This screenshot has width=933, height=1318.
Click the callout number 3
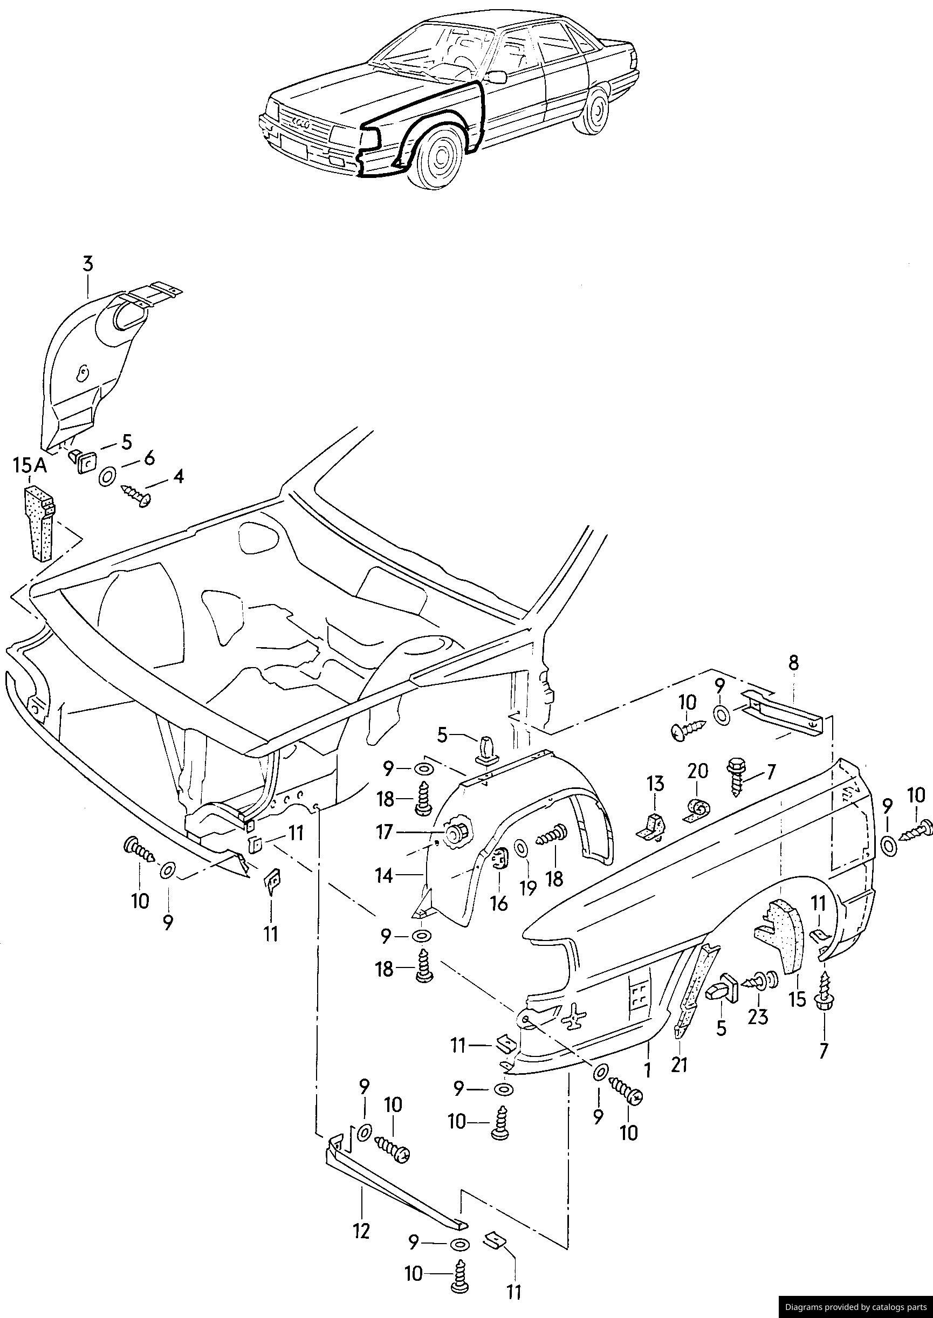[87, 265]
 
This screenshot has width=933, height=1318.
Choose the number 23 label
[758, 1017]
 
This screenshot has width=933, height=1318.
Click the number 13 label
[655, 784]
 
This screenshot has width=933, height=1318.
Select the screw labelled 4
[138, 495]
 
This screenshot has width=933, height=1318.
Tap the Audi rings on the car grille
[300, 123]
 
